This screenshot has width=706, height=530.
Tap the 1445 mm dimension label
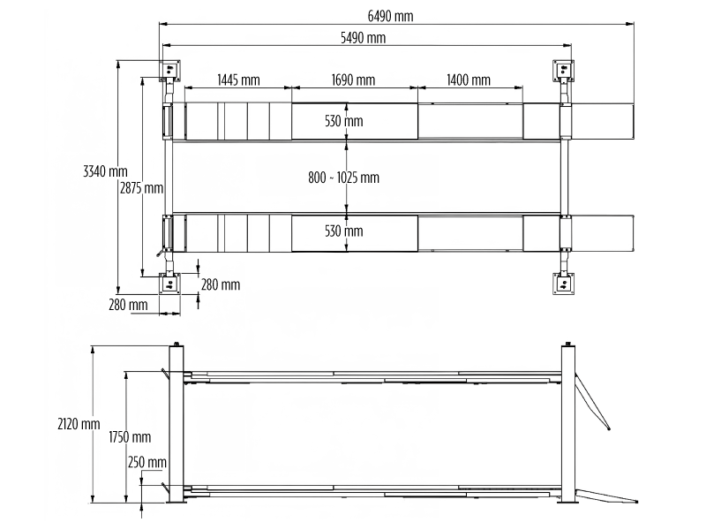[x=238, y=80]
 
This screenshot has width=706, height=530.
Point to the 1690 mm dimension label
[x=353, y=80]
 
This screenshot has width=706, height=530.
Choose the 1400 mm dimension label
[x=469, y=80]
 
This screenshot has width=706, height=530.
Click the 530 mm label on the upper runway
[x=343, y=121]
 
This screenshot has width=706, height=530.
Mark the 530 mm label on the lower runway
[x=343, y=231]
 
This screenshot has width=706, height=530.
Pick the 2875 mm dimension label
[x=142, y=187]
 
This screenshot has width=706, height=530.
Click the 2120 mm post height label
[x=79, y=424]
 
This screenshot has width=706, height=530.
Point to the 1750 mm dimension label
[x=130, y=437]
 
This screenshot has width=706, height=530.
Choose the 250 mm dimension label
[x=146, y=462]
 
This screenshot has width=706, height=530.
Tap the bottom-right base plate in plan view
[x=563, y=284]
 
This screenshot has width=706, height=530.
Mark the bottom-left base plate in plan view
[x=169, y=284]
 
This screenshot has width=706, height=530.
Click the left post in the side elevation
[x=176, y=424]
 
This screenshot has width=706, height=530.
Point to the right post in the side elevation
[x=568, y=424]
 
